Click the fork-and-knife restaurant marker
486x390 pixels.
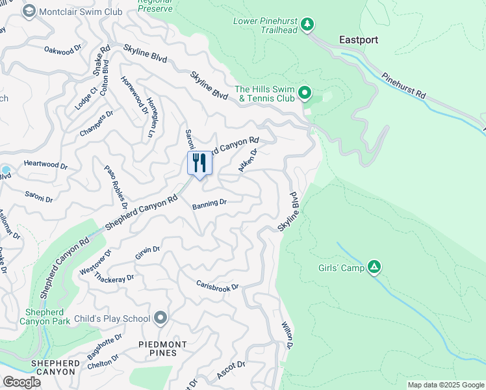(200, 162)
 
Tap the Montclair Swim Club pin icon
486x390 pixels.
(29, 11)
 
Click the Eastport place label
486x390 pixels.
(359, 40)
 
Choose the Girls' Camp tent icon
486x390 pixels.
(374, 267)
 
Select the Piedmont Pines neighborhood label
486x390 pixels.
(162, 348)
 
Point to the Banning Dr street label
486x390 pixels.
(209, 204)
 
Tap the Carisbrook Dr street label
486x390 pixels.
(218, 286)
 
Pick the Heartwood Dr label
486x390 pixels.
(45, 166)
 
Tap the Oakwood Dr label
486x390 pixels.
(62, 49)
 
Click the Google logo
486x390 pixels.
(21, 382)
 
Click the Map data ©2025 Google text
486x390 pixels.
(446, 385)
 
